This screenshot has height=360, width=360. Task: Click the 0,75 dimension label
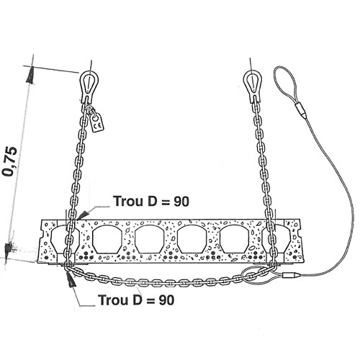click(x=10, y=161)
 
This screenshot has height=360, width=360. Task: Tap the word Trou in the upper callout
click(x=128, y=201)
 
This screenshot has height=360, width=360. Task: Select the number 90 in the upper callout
click(x=181, y=202)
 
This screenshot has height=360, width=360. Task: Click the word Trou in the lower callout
click(x=113, y=300)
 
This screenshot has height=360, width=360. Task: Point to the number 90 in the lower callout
click(x=166, y=300)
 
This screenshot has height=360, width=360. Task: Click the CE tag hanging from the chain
click(x=98, y=122)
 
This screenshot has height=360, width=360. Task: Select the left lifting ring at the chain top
click(x=89, y=84)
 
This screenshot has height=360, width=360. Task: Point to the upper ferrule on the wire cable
click(x=301, y=110)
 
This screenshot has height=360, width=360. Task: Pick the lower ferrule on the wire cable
click(x=291, y=275)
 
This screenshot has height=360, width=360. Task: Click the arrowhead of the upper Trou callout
click(x=83, y=214)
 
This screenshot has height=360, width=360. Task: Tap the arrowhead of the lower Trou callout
click(x=71, y=279)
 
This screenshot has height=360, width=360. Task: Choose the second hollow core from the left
click(x=106, y=239)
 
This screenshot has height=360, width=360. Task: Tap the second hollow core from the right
click(x=233, y=239)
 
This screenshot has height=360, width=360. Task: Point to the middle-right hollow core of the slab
click(x=192, y=239)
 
